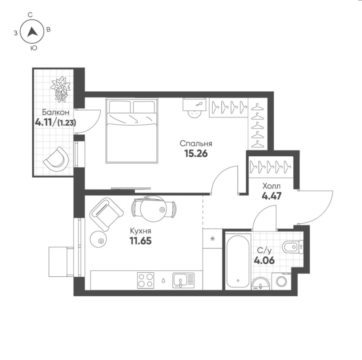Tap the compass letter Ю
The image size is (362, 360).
coord(34,48)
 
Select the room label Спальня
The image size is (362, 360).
coord(196,144)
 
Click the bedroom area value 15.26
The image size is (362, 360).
coord(196,153)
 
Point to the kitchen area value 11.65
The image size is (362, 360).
coord(140,241)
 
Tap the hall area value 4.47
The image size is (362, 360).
coord(271,196)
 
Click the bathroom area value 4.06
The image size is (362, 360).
coord(264,260)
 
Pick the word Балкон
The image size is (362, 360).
coord(56,112)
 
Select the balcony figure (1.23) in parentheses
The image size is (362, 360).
coord(66,123)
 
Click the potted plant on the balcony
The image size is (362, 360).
coord(60,89)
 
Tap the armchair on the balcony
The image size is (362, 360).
coord(57,159)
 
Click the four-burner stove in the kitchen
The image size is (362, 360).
coord(146,281)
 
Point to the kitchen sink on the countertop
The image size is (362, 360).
coord(184,281)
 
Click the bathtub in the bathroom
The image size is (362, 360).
coord(238,261)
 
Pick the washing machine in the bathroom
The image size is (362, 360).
coord(282,281)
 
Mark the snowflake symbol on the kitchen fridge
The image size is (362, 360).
coord(212,238)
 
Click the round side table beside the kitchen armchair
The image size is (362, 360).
coord(98,239)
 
